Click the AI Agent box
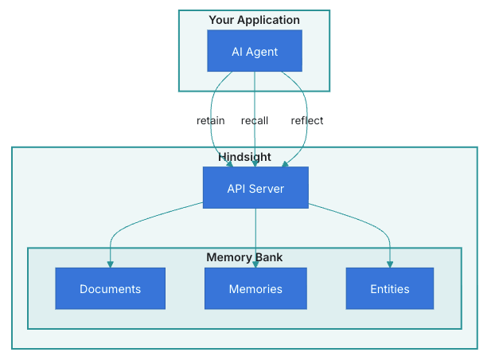tap(255, 52)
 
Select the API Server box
tap(255, 188)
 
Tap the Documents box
tap(110, 288)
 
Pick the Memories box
tap(255, 288)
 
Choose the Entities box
tap(390, 288)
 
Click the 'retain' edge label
tap(211, 121)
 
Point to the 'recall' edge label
tap(255, 121)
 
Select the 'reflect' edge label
tap(307, 121)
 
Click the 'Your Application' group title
tap(255, 20)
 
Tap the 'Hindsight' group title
tap(244, 157)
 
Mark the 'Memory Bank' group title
tap(244, 257)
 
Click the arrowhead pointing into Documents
tap(110, 264)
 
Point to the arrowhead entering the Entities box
tap(390, 264)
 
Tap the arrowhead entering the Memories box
tap(255, 264)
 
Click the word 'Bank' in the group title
tap(269, 257)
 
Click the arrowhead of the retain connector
tap(230, 163)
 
